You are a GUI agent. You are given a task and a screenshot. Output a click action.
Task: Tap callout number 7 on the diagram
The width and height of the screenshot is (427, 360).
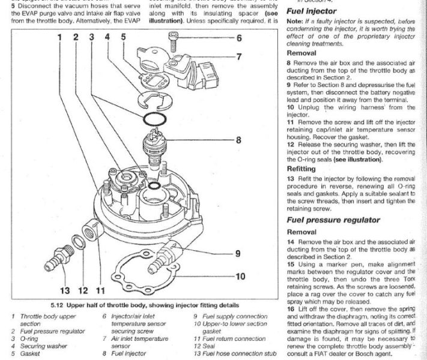tap(238, 58)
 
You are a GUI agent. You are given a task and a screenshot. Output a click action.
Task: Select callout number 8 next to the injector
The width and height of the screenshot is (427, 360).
tap(238, 141)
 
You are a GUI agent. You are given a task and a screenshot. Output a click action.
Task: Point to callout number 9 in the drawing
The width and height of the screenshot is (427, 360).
tap(238, 253)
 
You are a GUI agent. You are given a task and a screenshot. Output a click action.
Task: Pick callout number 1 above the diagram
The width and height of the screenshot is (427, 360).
tap(60, 37)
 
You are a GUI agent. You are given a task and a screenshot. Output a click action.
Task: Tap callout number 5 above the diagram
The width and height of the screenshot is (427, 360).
tap(123, 37)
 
